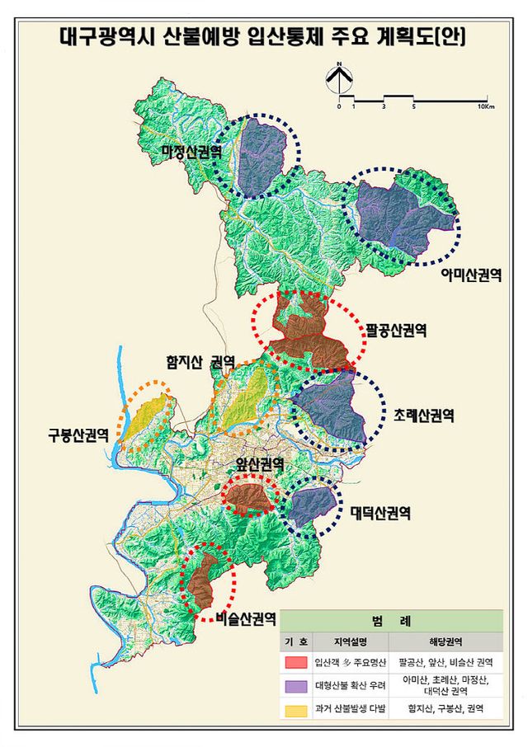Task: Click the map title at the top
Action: tap(262, 37)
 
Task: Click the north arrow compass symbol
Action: tap(339, 80)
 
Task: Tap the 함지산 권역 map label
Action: tap(200, 361)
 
